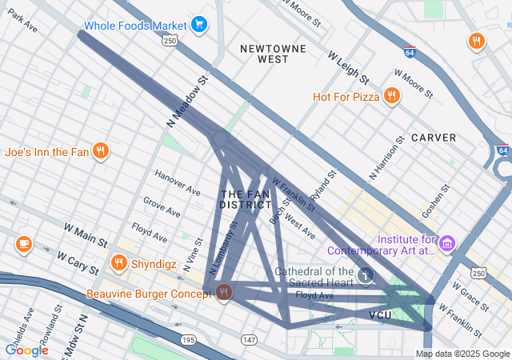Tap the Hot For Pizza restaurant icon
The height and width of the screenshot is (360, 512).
point(391,97)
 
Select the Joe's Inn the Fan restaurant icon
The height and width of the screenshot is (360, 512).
point(100,150)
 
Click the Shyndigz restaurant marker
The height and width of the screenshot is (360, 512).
point(119,262)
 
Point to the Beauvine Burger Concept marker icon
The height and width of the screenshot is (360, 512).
point(223,294)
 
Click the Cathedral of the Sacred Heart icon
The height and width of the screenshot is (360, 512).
point(366,275)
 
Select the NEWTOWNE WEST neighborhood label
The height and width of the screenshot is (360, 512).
point(274,54)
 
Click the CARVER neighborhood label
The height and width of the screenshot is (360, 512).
point(434,138)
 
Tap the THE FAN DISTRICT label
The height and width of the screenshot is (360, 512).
point(246,200)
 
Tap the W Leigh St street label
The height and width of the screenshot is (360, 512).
point(348,68)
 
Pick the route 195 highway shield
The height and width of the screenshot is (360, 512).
point(188,340)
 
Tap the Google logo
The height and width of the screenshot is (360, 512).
point(26,350)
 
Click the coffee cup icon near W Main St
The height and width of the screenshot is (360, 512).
point(23,243)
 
